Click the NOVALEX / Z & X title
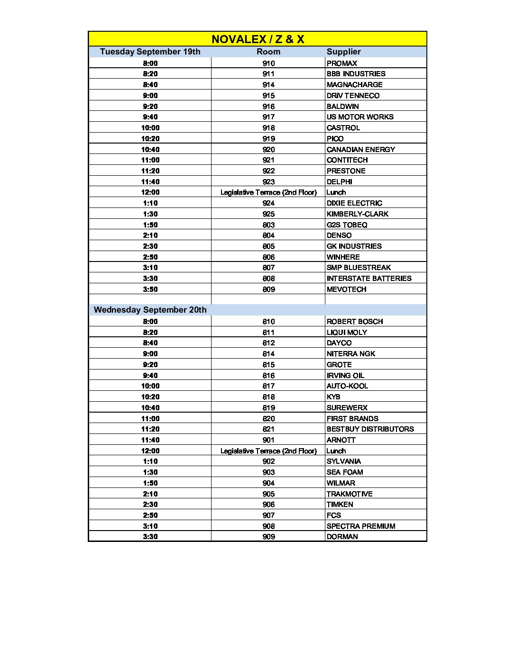tap(258, 39)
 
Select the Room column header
tap(268, 52)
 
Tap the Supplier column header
tap(343, 52)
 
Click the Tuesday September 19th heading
tap(150, 52)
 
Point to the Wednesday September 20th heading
tap(150, 310)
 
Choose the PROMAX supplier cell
tap(342, 63)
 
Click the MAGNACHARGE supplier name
tap(354, 85)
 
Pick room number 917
tap(268, 117)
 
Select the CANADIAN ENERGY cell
tap(360, 150)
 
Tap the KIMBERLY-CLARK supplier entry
tap(357, 214)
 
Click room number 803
tap(268, 225)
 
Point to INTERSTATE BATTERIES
tap(369, 279)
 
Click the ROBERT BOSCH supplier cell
tap(354, 322)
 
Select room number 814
tap(268, 354)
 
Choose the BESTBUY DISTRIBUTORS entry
tap(370, 429)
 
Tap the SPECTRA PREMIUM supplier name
tap(360, 526)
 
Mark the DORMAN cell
tap(342, 537)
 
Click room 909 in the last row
tap(268, 537)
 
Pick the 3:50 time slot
tap(150, 289)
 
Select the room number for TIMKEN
tap(268, 505)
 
